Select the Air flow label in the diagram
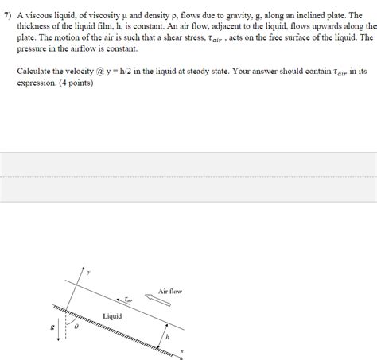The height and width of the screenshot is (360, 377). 169,292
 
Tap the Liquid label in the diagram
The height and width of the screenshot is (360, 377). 111,316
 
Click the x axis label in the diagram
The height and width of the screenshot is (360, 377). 182,350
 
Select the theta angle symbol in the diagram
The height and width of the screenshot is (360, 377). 76,326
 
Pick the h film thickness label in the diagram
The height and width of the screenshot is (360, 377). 168,337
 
